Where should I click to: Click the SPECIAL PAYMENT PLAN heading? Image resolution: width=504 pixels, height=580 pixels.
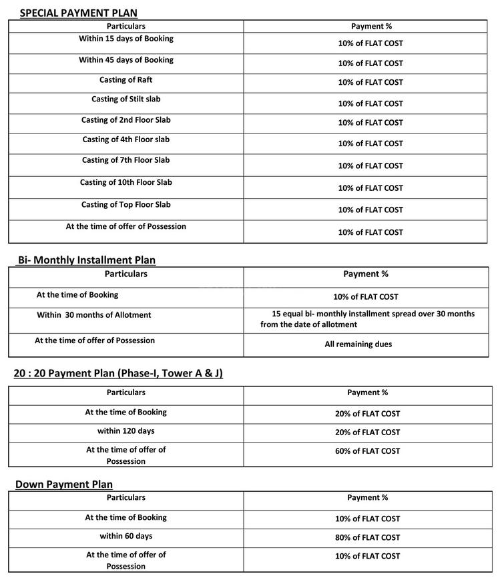point(79,13)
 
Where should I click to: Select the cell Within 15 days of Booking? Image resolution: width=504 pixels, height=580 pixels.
point(126,39)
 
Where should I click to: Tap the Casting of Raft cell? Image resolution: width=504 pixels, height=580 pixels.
point(126,80)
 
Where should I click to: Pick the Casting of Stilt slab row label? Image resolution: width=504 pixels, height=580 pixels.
point(126,99)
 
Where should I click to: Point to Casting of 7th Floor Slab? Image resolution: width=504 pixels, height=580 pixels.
point(126,160)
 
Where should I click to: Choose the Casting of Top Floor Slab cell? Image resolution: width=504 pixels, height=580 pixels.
point(126,205)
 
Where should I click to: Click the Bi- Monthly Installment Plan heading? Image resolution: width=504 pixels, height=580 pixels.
point(87,260)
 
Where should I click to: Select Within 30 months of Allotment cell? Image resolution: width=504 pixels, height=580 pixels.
point(94,315)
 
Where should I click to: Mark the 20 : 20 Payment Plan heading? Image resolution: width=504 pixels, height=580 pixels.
point(118,374)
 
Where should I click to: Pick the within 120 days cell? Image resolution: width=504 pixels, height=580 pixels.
point(126,431)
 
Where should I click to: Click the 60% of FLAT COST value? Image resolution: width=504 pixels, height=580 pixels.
point(368,451)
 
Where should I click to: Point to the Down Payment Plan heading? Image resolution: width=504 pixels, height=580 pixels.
point(64,485)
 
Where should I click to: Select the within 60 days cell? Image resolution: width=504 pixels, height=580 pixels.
point(126,536)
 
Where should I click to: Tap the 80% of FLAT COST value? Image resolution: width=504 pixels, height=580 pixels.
point(368,537)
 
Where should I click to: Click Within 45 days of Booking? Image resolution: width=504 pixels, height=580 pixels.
point(126,60)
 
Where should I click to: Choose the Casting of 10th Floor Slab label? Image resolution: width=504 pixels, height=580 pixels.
point(126,183)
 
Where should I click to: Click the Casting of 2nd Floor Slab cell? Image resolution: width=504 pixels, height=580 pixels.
point(126,120)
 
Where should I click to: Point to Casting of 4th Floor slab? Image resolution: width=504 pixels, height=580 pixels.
point(126,140)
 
